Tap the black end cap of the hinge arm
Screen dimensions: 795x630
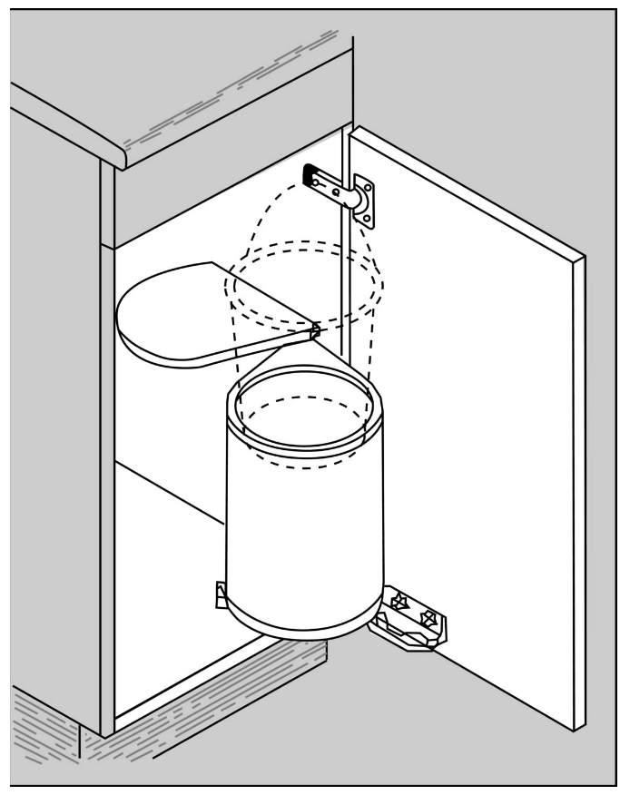pyautogui.click(x=310, y=172)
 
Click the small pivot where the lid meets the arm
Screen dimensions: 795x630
pyautogui.click(x=315, y=329)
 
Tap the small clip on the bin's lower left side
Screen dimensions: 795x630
pyautogui.click(x=221, y=594)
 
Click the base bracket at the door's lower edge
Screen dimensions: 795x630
pyautogui.click(x=407, y=623)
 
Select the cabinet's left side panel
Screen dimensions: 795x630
pyautogui.click(x=54, y=408)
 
